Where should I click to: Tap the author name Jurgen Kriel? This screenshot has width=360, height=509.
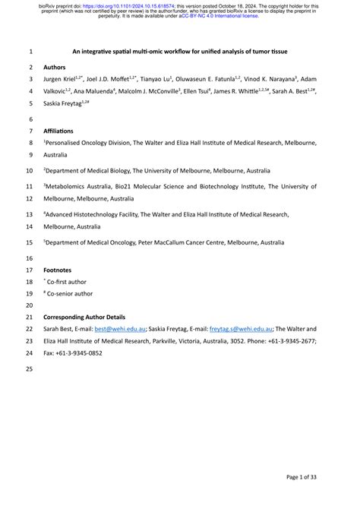click(63, 79)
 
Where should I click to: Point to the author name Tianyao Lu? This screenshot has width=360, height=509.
click(156, 79)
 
